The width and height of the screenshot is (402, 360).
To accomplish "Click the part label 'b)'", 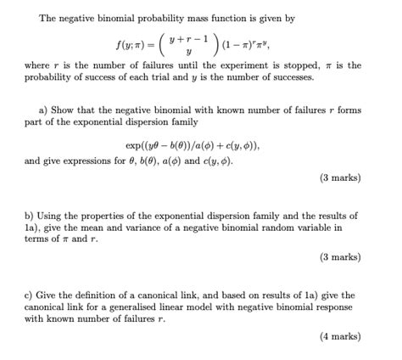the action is tap(29, 216).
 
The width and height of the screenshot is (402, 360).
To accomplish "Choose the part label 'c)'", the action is tap(29, 295).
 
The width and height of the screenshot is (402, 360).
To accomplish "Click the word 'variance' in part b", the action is tap(169, 228).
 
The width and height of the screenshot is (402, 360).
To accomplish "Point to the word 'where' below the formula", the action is tap(37, 65).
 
